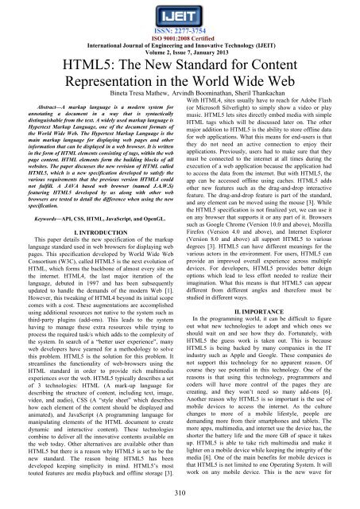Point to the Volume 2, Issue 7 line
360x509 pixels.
click(x=180, y=56)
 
